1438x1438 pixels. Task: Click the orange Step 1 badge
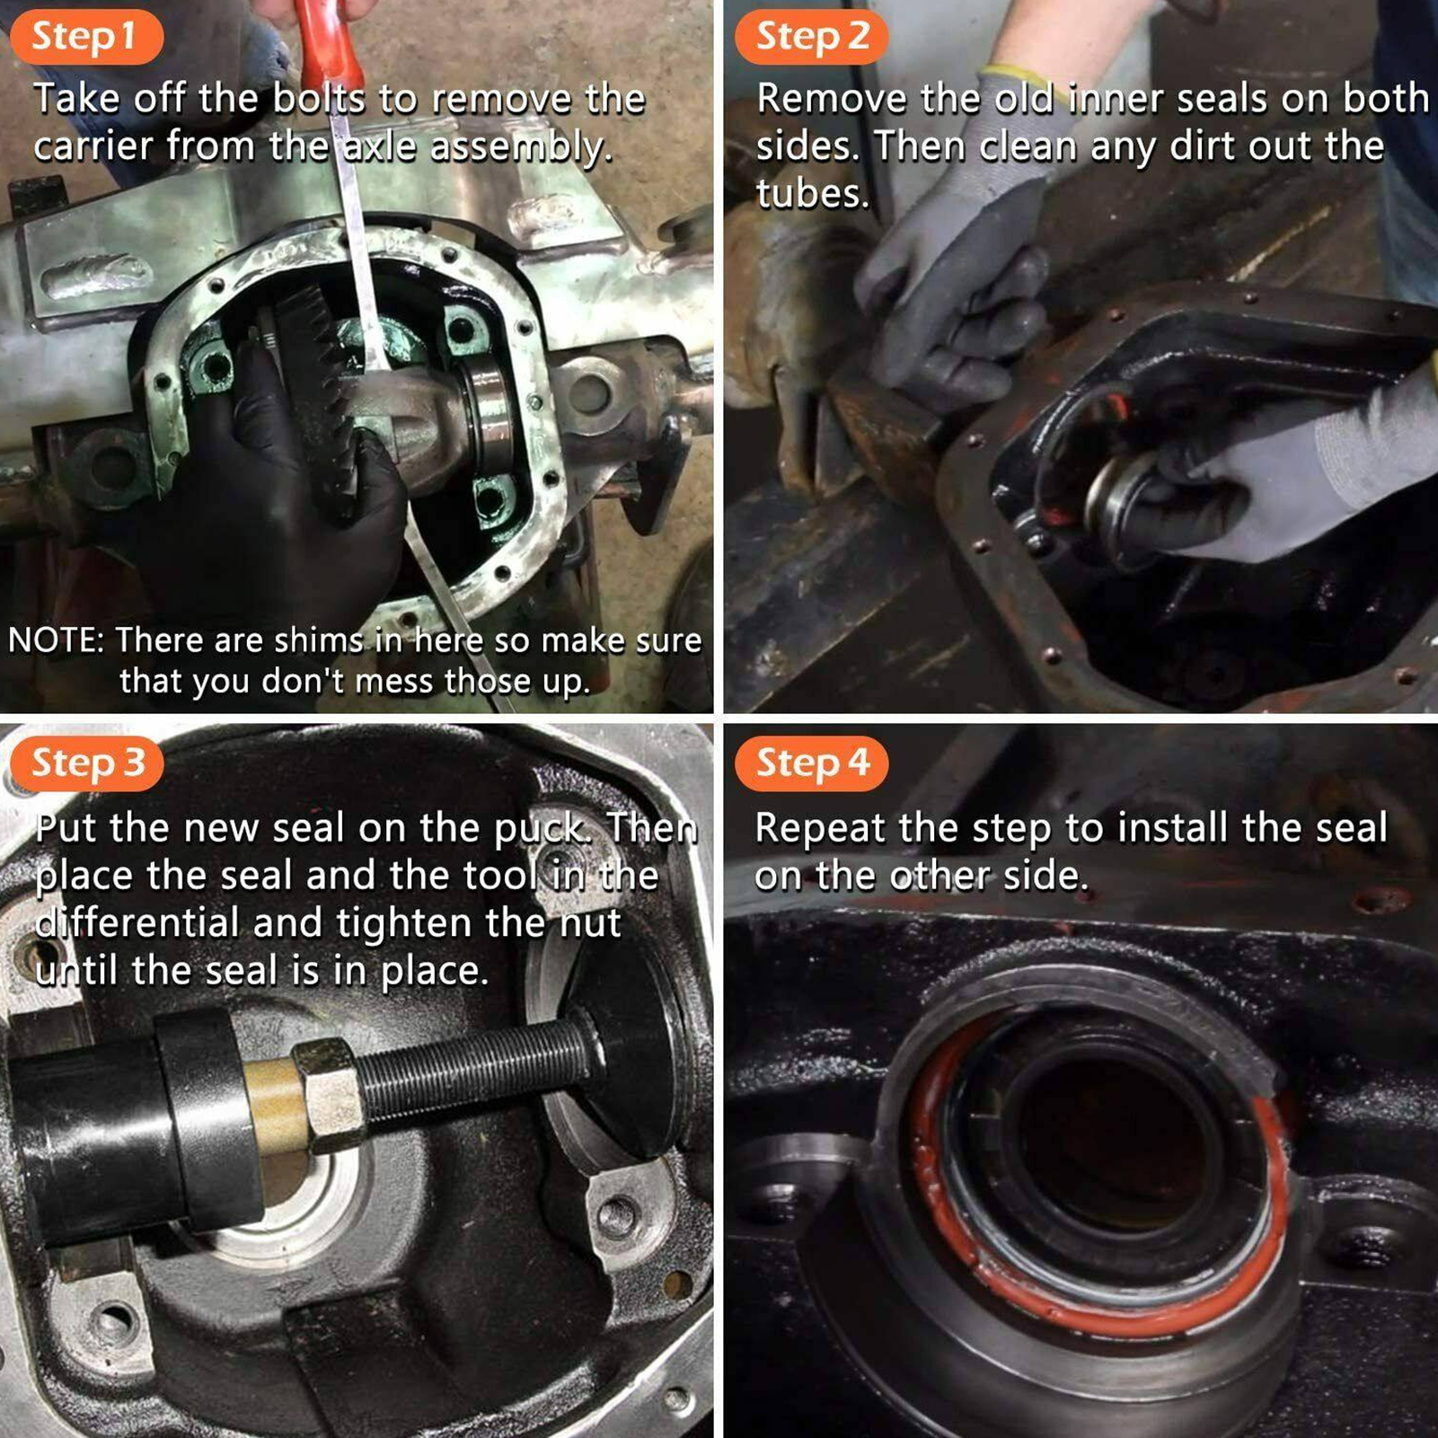86,37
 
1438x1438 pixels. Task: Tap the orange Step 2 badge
811,37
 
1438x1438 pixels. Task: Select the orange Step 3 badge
86,763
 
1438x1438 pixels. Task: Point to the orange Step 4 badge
811,763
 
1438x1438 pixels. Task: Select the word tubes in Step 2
813,194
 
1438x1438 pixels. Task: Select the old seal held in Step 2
1123,503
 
